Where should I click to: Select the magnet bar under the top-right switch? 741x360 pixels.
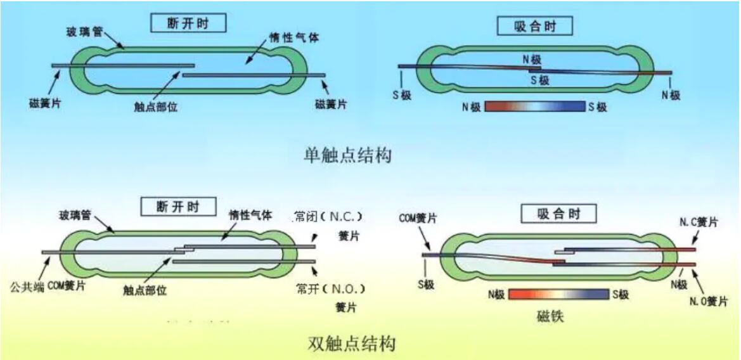coord(534,106)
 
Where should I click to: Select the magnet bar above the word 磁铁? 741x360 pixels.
coord(558,295)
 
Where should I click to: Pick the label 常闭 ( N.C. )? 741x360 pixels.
coord(328,217)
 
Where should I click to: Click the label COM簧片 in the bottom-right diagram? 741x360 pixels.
coord(417,217)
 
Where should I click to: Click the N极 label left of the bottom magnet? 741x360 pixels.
coord(496,295)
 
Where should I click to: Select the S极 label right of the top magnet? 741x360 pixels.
coord(597,106)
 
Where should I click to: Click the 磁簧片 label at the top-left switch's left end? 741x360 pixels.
coord(45,102)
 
